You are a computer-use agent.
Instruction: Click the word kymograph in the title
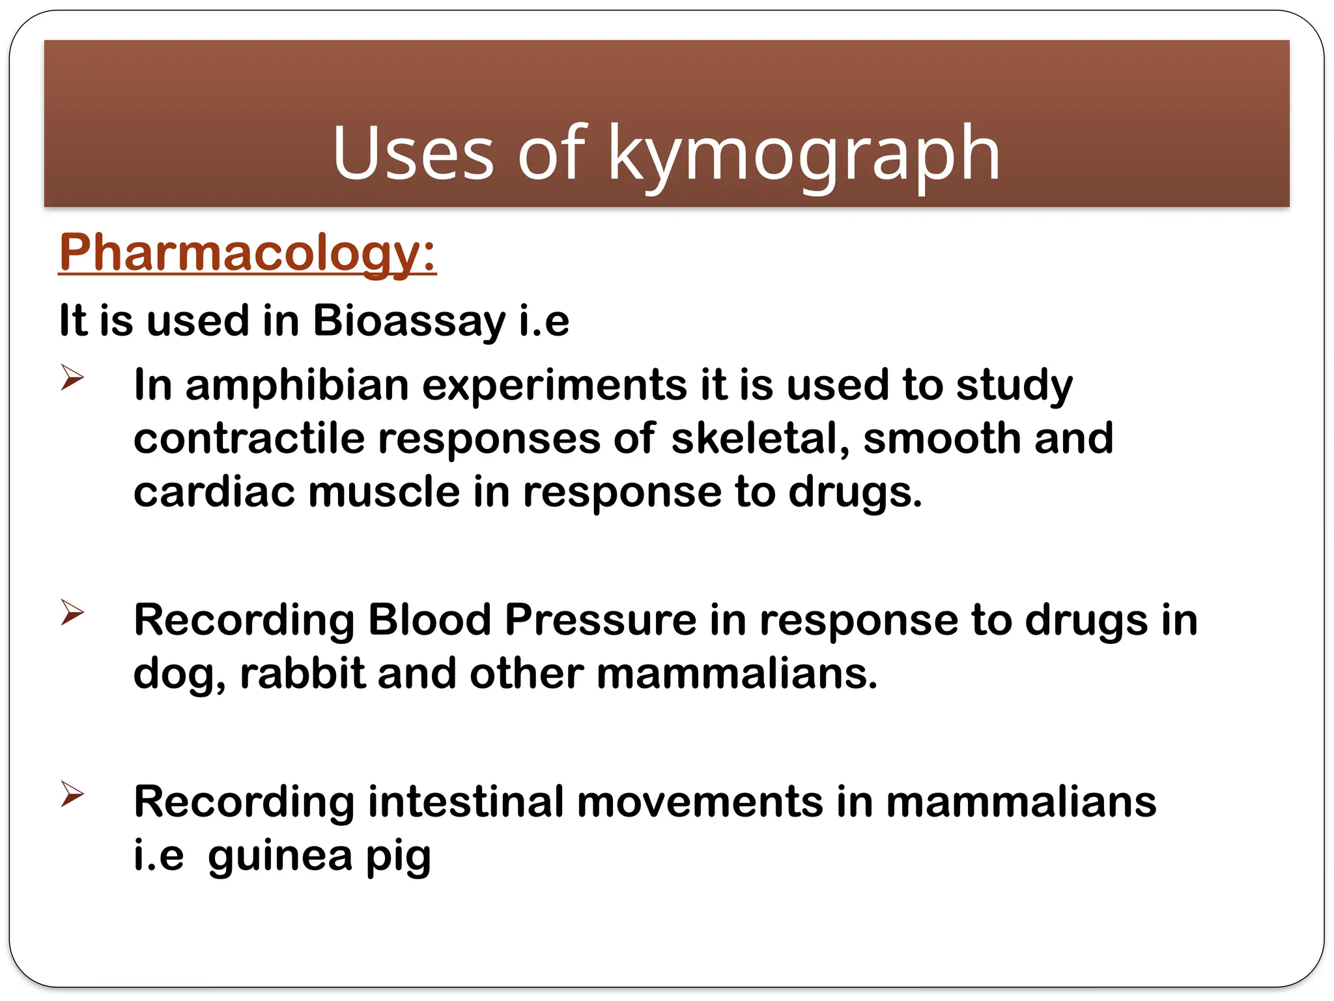coord(804,154)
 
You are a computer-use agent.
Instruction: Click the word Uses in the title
coord(413,154)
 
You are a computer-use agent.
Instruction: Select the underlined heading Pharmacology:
coord(248,253)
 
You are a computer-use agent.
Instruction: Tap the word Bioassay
coord(408,321)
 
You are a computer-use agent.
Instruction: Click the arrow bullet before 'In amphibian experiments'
coord(72,377)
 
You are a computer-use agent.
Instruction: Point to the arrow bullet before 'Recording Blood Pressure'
coord(72,612)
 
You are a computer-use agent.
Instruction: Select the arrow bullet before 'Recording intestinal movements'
coord(72,794)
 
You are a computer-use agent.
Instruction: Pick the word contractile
coord(249,438)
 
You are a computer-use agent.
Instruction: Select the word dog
coord(175,674)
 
